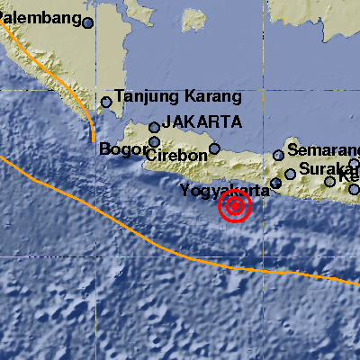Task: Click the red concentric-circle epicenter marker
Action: pos(235,207)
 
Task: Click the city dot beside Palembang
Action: pos(88,22)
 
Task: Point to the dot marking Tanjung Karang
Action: pos(106,102)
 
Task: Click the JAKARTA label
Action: pos(203,121)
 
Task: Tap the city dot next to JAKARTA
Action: pos(155,128)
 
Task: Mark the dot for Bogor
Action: pos(155,141)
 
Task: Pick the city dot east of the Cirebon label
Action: pos(214,148)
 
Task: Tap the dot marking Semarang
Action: pos(279,156)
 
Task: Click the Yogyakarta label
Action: pos(225,190)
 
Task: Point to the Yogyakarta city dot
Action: pos(276,184)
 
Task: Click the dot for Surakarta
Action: pos(291,175)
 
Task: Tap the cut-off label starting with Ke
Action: pos(350,174)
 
